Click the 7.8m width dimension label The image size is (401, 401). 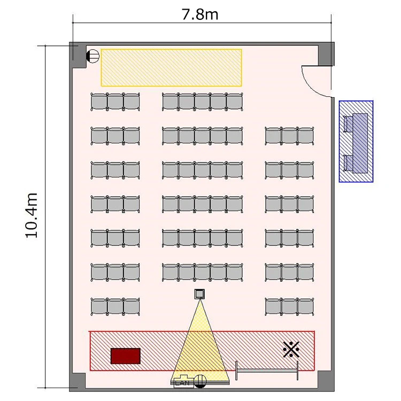coord(200,14)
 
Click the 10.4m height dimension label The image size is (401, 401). coord(32,215)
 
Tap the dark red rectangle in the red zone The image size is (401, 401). coord(126,356)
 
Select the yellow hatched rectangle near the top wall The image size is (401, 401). coord(171,67)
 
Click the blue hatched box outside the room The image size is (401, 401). coord(356,142)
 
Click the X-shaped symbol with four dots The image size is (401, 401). coord(291,349)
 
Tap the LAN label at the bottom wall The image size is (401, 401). coord(182,383)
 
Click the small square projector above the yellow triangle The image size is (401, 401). coord(199,294)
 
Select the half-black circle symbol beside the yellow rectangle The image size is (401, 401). coord(92,56)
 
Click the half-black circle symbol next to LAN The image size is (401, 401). coord(200,381)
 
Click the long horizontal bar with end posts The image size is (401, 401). coord(267,371)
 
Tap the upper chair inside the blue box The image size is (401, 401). coord(348,124)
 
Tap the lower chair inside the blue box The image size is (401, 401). coord(348,163)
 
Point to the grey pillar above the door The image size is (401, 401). coord(326,54)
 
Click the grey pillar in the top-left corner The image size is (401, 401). coord(78,55)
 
